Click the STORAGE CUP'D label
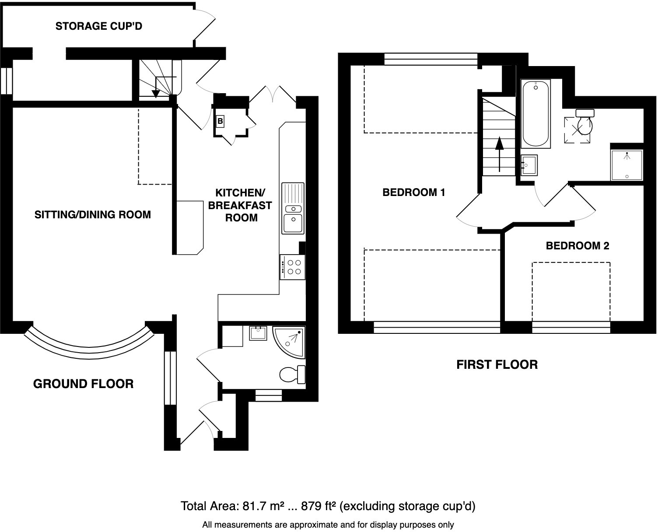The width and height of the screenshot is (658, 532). (x=99, y=26)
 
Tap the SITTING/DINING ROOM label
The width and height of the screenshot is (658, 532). (x=93, y=214)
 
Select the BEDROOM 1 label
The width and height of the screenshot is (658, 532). (x=413, y=192)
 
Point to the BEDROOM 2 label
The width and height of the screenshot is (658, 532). (x=577, y=246)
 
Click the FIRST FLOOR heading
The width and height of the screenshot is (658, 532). (x=497, y=365)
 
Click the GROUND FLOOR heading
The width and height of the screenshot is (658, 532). (x=84, y=384)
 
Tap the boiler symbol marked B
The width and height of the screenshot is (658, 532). (x=220, y=121)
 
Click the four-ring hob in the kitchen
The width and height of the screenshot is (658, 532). (x=293, y=267)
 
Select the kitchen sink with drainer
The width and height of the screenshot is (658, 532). (x=293, y=209)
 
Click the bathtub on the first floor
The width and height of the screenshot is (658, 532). (x=535, y=114)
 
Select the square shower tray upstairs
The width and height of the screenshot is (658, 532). (x=627, y=165)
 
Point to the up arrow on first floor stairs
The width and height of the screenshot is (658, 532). (x=499, y=154)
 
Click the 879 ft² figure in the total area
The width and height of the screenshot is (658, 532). (x=318, y=506)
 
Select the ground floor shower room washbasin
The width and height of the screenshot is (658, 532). (x=258, y=333)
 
